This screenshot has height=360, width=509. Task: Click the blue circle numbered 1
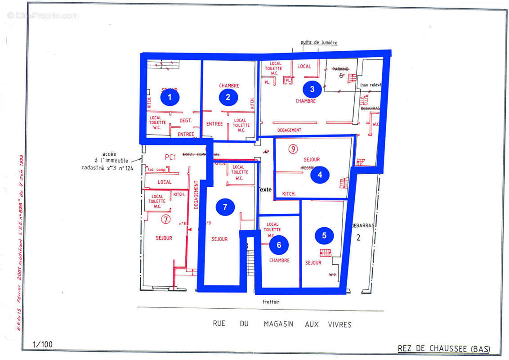pos(170,97)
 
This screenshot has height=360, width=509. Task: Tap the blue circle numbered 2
pos(228,97)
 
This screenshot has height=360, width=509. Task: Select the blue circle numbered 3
pos(312,89)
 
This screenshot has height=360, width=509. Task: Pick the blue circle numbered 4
pos(320,175)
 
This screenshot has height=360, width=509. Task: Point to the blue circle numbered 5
pos(324,235)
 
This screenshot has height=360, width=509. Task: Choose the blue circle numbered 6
pos(279,245)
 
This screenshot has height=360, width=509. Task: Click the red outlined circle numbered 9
pos(293,149)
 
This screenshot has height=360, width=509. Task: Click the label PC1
pos(170,157)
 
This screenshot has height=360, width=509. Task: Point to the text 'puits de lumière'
pos(319,43)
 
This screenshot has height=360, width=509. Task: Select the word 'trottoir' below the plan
pos(271,302)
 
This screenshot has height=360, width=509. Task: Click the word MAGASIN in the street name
pos(277,324)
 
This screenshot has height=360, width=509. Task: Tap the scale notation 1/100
pos(43,345)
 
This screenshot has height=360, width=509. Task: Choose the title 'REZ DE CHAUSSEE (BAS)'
pos(444,349)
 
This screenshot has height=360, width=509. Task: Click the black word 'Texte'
pos(265,189)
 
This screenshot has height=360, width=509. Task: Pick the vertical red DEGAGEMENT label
pos(196,195)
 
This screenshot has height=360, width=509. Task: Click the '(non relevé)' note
pos(371,85)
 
